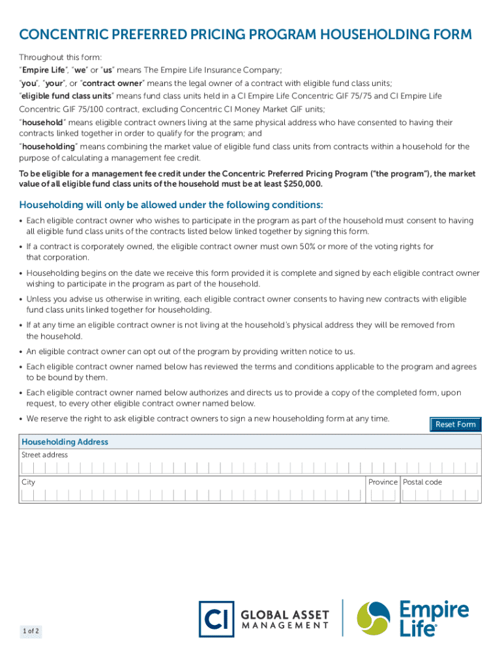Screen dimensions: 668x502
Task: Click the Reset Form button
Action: [455, 425]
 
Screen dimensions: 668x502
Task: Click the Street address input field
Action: [250, 468]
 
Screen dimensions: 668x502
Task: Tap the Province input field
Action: [383, 495]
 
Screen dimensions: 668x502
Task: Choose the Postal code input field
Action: [440, 495]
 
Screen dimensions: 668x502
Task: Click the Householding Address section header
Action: [65, 442]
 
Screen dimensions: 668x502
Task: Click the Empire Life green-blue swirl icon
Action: [373, 618]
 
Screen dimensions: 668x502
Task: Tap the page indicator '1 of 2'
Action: [31, 631]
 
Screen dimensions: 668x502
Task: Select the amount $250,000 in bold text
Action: [302, 185]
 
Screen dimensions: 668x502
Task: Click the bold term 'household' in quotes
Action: [42, 123]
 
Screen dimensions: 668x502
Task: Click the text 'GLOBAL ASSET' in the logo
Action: [285, 615]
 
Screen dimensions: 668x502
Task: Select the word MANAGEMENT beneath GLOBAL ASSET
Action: [285, 626]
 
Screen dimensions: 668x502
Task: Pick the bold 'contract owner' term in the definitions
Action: [108, 83]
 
